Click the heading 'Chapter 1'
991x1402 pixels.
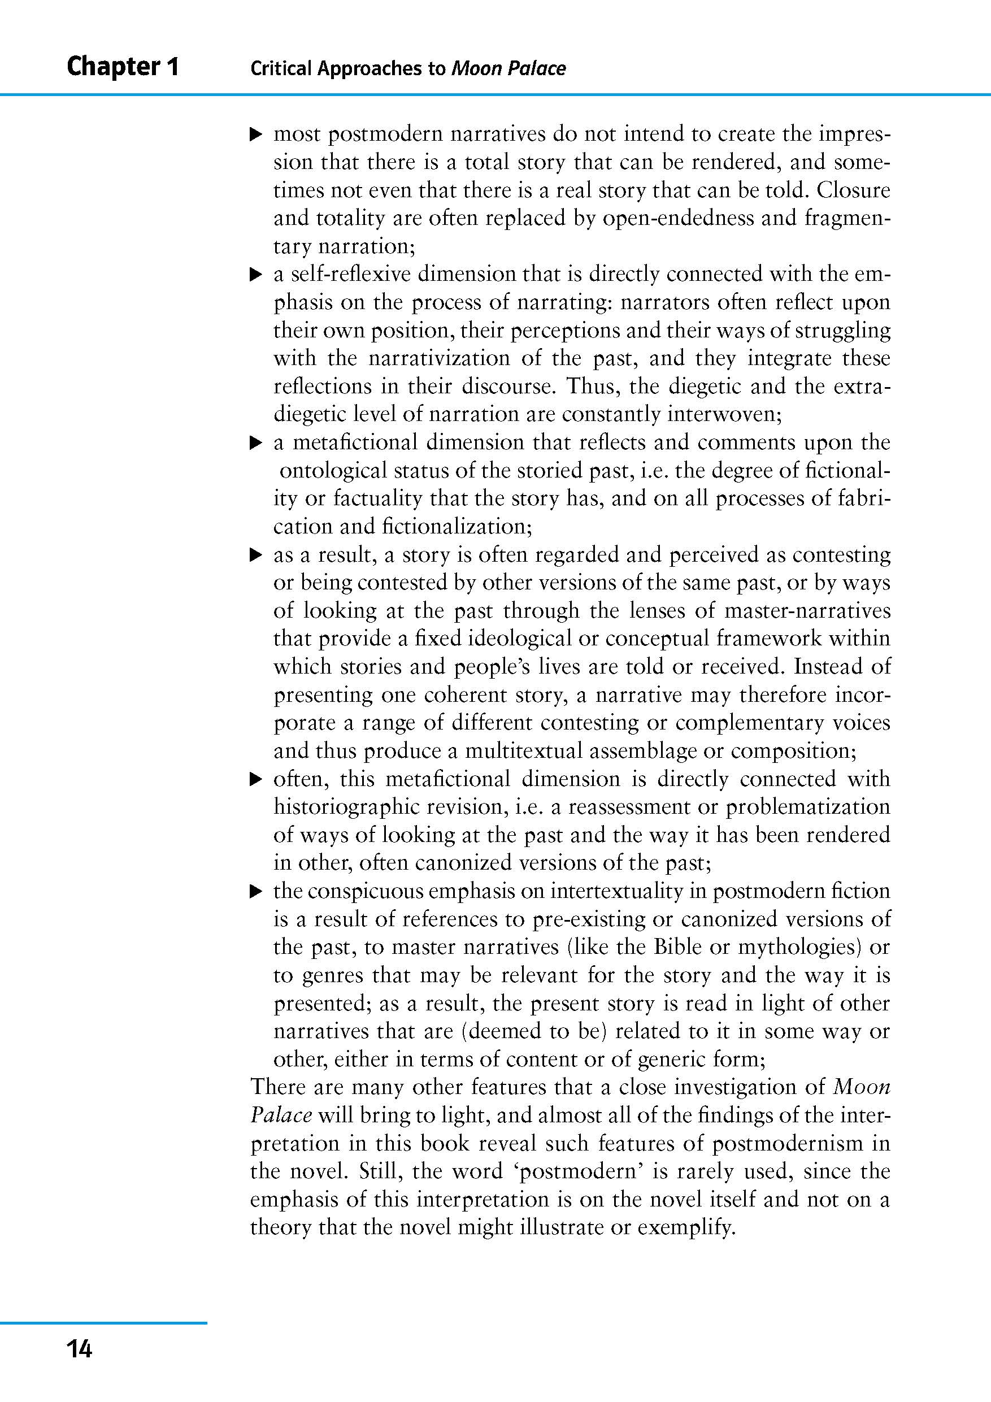[123, 66]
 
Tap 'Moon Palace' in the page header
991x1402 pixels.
[508, 68]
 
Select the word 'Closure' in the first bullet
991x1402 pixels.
[853, 190]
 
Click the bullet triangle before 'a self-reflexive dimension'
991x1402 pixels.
[256, 275]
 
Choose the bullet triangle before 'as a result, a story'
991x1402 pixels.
[256, 555]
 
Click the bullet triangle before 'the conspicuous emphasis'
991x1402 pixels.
[256, 893]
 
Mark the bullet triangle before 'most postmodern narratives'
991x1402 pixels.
[256, 134]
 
